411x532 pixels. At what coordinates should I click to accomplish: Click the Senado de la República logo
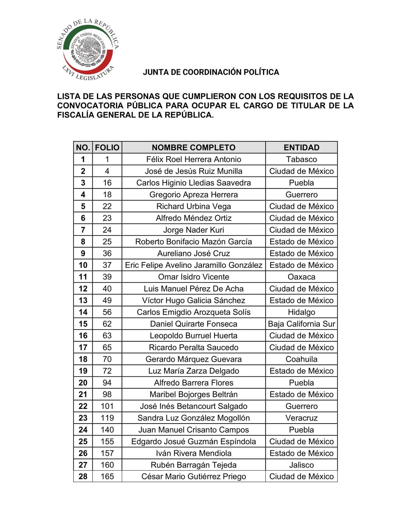click(x=88, y=49)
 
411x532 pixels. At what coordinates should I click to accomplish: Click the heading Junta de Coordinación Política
click(x=211, y=72)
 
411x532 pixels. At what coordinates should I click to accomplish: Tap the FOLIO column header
click(x=107, y=148)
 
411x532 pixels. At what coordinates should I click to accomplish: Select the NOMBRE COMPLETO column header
click(x=193, y=148)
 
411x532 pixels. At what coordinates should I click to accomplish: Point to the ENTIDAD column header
click(x=301, y=148)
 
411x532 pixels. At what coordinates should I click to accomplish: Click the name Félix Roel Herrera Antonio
click(x=193, y=159)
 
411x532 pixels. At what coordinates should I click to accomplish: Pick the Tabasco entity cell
click(x=301, y=159)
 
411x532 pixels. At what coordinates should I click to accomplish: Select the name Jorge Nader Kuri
click(x=193, y=230)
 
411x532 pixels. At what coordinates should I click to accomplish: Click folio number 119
click(x=107, y=418)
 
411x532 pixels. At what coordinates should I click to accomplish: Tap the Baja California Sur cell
click(x=301, y=324)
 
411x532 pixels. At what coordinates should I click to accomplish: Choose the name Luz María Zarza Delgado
click(x=193, y=371)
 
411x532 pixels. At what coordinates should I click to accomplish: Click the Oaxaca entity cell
click(x=301, y=277)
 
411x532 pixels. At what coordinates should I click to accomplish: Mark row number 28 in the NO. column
click(x=83, y=477)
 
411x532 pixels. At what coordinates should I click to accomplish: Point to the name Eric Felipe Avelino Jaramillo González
click(x=193, y=265)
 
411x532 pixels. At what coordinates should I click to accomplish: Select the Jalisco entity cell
click(x=301, y=465)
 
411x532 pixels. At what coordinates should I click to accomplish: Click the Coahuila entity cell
click(x=301, y=359)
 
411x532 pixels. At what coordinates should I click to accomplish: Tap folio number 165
click(x=107, y=477)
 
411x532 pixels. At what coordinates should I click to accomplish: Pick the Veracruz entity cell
click(x=301, y=418)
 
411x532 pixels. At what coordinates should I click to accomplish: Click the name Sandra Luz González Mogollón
click(x=193, y=418)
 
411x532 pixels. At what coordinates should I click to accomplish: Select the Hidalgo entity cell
click(x=301, y=312)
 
